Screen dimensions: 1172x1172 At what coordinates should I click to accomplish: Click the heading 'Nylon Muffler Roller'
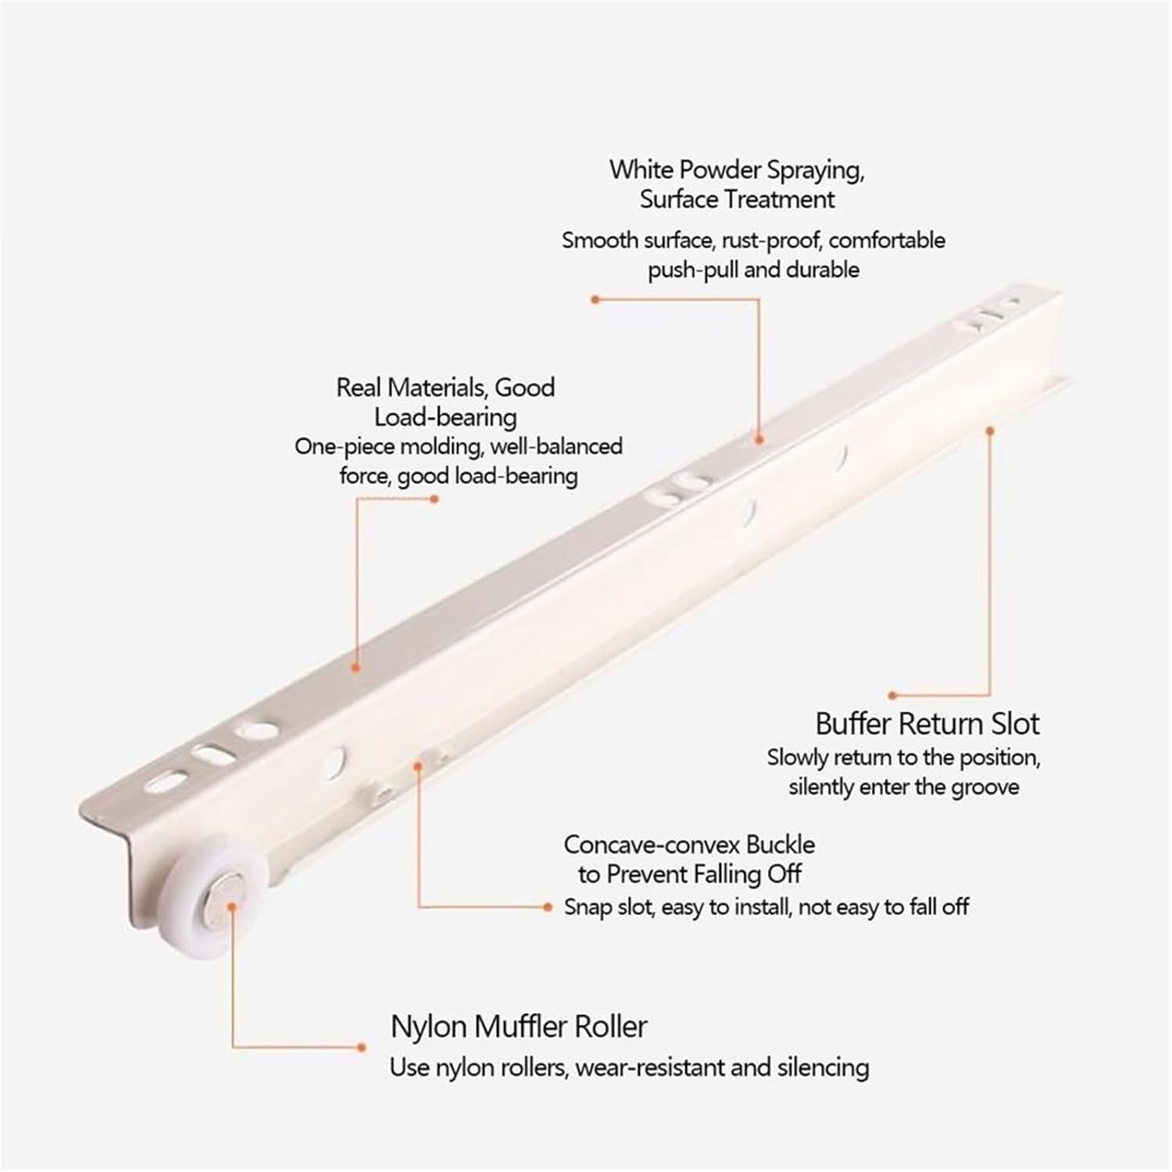click(519, 1026)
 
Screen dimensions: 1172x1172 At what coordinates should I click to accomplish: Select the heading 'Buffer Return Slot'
click(927, 724)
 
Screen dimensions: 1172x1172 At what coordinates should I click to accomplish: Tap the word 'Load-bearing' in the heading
click(445, 417)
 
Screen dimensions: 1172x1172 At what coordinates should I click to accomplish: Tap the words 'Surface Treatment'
click(737, 199)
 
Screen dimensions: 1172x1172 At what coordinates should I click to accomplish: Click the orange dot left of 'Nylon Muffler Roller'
click(362, 1047)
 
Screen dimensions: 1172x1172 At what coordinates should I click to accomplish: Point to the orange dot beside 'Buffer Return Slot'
click(892, 694)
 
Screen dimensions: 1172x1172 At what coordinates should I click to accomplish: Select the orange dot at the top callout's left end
click(594, 299)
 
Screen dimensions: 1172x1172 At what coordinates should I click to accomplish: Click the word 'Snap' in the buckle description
click(588, 907)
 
